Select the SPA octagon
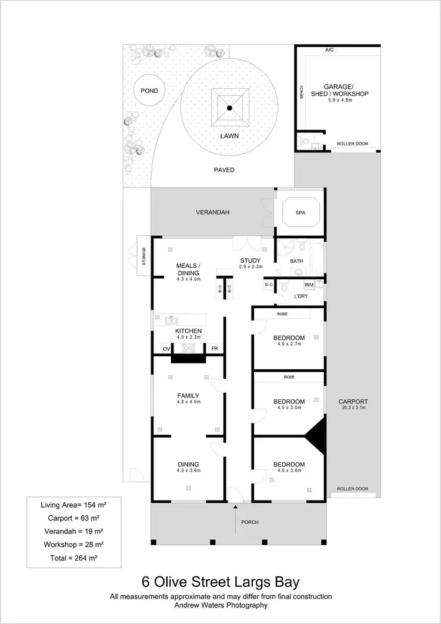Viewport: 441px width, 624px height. pos(300,212)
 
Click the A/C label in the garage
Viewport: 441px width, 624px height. pos(329,50)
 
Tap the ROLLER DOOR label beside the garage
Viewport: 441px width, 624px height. pos(352,144)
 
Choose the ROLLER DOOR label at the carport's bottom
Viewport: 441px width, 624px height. pos(352,489)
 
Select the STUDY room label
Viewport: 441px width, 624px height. pos(250,261)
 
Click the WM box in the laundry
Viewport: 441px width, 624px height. pos(309,285)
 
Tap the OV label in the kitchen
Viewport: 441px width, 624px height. pos(166,349)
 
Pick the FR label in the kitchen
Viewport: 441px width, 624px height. pos(215,349)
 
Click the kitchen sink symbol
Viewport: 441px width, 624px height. pos(171,321)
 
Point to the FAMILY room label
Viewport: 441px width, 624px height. pos(188,396)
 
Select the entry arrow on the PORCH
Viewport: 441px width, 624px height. pos(235,519)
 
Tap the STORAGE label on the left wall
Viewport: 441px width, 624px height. pos(143,257)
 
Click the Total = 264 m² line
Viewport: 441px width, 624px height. pos(73,558)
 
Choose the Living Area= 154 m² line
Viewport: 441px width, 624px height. pos(73,505)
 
